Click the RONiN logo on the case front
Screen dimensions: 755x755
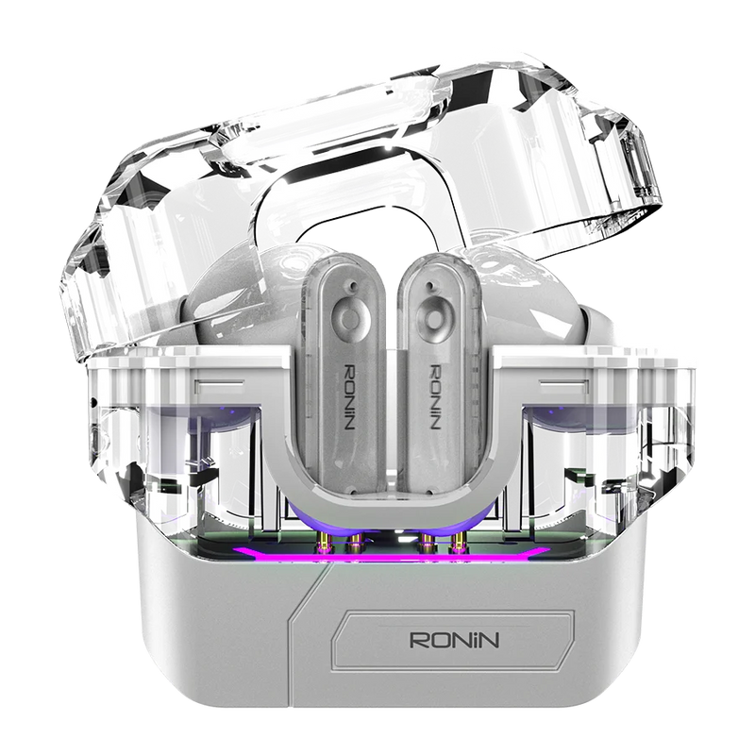tap(454, 640)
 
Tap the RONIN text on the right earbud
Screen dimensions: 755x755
tap(434, 396)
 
